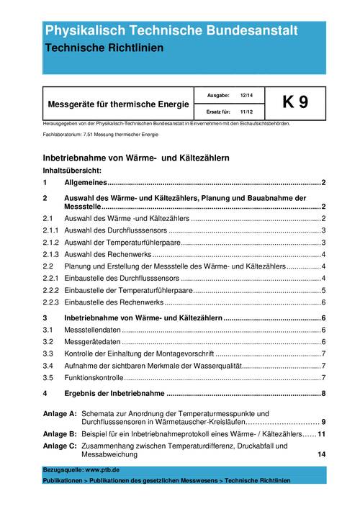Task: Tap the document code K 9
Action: (295, 103)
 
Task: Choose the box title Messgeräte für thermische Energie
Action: (118, 104)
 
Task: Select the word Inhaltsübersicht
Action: (71, 171)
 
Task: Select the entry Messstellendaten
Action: (91, 330)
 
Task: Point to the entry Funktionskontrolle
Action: (94, 378)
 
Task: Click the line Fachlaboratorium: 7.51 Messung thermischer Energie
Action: (100, 135)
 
